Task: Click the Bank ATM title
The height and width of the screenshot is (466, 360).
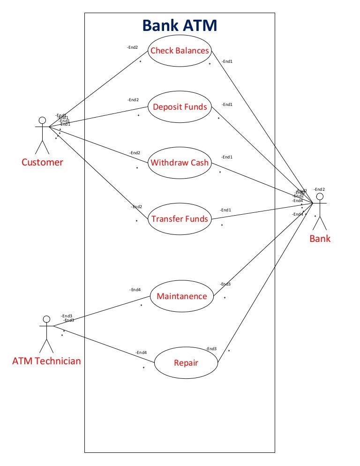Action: click(180, 25)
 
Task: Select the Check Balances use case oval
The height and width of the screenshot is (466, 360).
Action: click(180, 51)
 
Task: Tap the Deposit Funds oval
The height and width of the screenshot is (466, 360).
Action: click(180, 107)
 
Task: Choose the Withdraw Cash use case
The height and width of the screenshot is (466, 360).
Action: click(180, 163)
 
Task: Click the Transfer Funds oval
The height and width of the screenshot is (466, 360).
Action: click(180, 218)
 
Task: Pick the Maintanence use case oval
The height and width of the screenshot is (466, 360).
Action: click(181, 296)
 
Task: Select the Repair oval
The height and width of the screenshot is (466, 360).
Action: click(186, 363)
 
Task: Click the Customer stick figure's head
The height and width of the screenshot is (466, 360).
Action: click(42, 120)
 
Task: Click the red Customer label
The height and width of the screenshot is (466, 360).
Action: click(42, 163)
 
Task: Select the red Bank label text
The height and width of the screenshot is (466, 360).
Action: click(320, 239)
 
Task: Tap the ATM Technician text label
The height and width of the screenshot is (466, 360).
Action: click(46, 361)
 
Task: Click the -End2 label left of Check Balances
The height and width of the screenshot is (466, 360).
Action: click(133, 47)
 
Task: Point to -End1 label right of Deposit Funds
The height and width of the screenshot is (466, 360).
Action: click(227, 105)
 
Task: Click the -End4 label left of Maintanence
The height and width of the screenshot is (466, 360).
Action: click(135, 290)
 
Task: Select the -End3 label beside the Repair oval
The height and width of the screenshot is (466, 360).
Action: click(211, 349)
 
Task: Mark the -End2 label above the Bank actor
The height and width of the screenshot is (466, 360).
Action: click(319, 189)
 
